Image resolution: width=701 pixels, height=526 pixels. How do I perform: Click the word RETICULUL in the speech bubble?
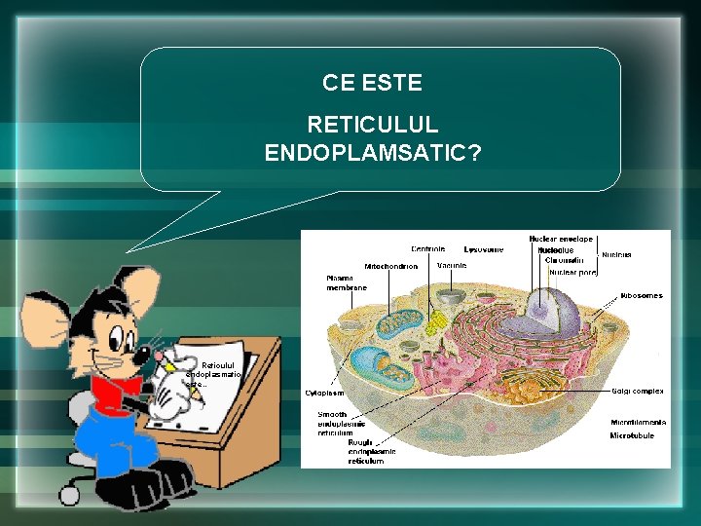tap(372, 126)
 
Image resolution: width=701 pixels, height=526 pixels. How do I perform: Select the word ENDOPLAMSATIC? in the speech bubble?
tap(372, 153)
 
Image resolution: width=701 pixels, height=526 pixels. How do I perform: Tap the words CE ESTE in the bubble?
tap(372, 83)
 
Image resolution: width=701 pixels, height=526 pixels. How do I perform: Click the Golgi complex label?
tap(638, 391)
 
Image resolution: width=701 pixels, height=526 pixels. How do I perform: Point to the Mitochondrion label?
tap(391, 266)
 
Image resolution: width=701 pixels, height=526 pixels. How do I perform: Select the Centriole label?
tap(428, 248)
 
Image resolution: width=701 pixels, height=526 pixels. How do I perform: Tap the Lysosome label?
tap(484, 248)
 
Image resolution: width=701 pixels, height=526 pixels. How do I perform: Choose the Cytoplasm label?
tap(325, 394)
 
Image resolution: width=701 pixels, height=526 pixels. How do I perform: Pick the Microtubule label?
tap(632, 435)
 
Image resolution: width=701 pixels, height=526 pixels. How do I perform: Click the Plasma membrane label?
tap(347, 282)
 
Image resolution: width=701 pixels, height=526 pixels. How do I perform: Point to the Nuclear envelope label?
tap(561, 239)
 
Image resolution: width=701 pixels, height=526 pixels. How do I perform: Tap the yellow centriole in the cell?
tap(437, 320)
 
